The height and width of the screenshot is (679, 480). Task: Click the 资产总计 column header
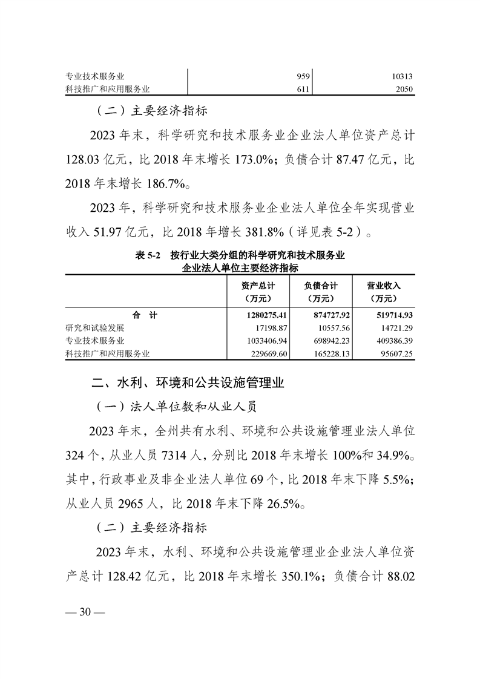257,292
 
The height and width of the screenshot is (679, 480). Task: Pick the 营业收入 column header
384,292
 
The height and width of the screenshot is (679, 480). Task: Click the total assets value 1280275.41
263,315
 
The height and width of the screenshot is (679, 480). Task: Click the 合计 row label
145,315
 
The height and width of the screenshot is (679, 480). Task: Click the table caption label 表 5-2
148,256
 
